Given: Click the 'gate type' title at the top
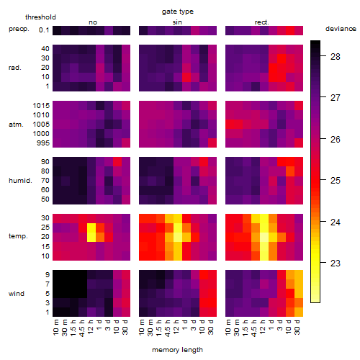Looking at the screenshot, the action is (x=178, y=12).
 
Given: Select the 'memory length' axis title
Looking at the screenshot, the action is (x=177, y=350).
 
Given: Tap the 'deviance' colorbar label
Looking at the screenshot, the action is (x=341, y=29).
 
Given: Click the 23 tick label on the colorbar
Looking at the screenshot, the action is (x=335, y=264).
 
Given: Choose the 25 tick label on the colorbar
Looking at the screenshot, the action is (x=335, y=181).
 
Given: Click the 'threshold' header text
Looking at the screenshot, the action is (x=40, y=17).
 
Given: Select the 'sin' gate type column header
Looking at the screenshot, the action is (x=177, y=22).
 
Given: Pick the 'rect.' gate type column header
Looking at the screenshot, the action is (x=261, y=22).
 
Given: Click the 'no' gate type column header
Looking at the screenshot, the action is (x=93, y=22).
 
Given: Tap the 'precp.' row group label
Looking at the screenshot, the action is (x=19, y=29).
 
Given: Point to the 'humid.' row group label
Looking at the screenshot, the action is (x=20, y=181).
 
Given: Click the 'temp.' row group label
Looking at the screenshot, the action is (x=18, y=236).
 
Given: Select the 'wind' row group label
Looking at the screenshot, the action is (x=17, y=294).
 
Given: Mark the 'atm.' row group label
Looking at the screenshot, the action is (x=16, y=125).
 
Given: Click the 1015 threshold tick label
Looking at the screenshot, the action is (x=41, y=106).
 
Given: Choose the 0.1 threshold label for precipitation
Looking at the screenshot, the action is (x=44, y=30).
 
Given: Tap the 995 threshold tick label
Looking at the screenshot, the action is (x=43, y=143).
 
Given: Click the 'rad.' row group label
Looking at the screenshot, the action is (x=15, y=68).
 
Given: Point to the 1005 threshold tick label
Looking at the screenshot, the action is (x=41, y=125).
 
